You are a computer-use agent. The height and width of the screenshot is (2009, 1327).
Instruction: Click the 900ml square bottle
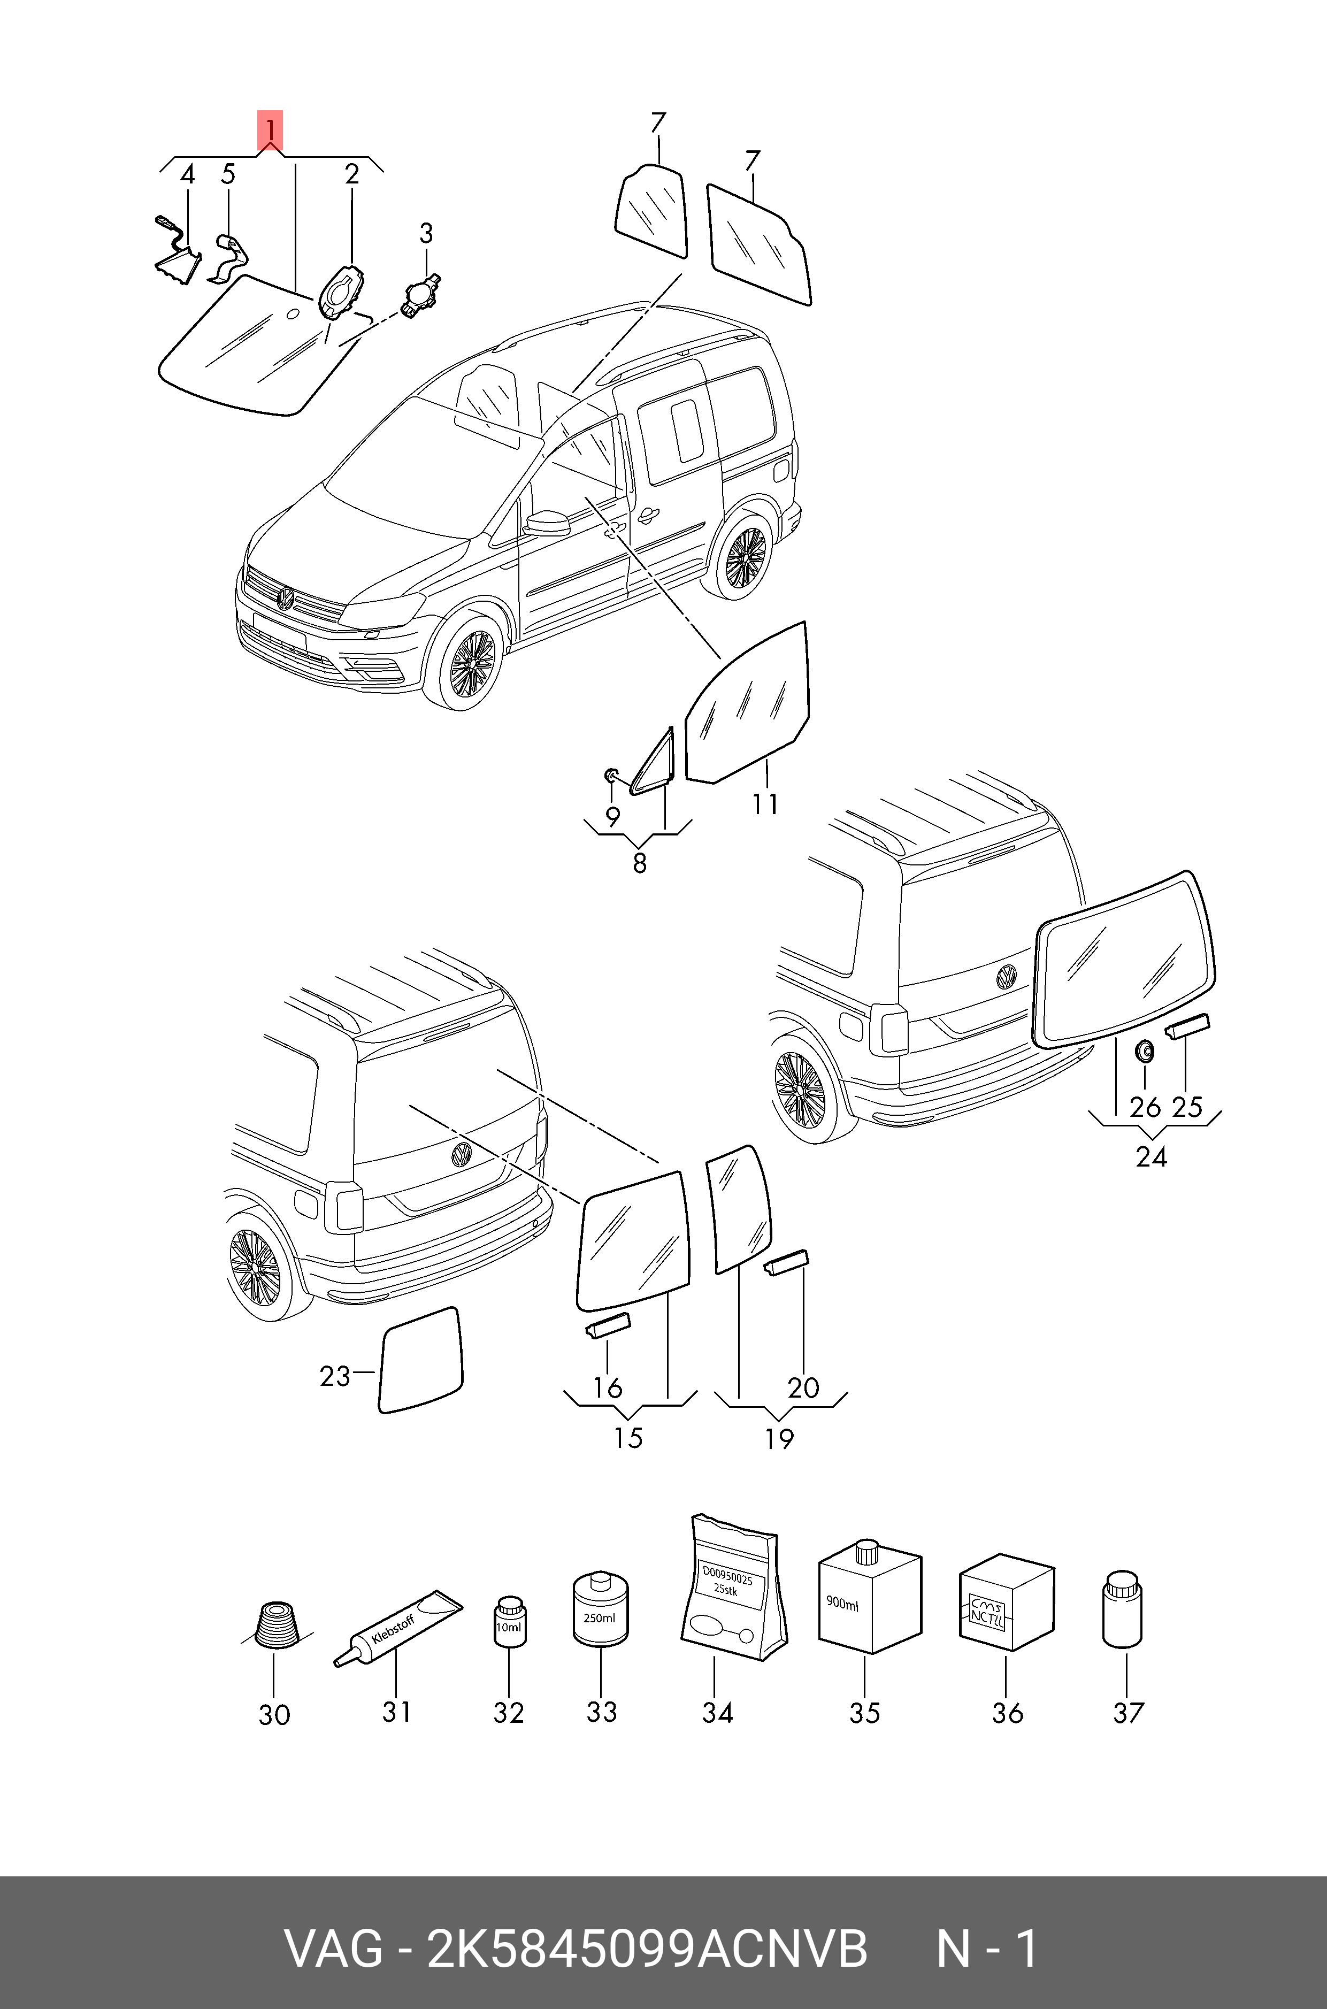click(869, 1599)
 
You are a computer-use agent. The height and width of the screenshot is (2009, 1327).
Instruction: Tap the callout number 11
click(765, 804)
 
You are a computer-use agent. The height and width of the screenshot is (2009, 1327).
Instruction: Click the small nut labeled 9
click(611, 775)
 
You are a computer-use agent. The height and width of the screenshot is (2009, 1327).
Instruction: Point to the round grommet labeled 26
click(1144, 1052)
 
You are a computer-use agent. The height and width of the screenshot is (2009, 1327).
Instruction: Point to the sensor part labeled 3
click(420, 295)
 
